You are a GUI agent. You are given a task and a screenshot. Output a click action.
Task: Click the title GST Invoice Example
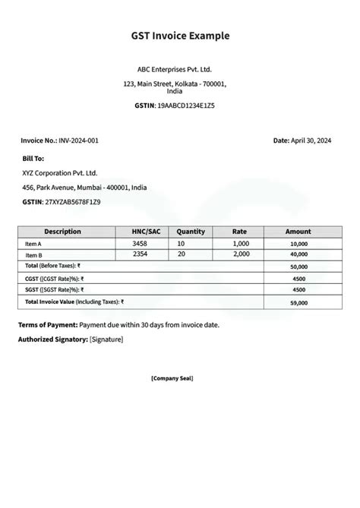click(x=180, y=36)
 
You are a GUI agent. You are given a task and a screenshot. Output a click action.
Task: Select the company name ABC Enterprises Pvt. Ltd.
click(x=180, y=68)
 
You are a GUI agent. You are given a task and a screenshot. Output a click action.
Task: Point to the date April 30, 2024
click(x=311, y=140)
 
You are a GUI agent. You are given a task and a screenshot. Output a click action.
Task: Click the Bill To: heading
click(x=33, y=159)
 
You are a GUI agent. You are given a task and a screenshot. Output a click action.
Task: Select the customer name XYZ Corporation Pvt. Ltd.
click(x=60, y=173)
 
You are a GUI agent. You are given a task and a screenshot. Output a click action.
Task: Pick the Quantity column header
click(x=191, y=232)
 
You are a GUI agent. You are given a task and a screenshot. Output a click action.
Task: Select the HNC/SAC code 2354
click(x=139, y=254)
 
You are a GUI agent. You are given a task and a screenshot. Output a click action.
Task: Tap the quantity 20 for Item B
click(x=182, y=254)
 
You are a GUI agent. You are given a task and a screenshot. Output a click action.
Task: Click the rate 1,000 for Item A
click(x=241, y=243)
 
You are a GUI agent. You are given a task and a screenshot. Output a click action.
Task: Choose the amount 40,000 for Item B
click(x=298, y=255)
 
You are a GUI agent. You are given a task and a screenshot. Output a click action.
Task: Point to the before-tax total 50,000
click(x=298, y=267)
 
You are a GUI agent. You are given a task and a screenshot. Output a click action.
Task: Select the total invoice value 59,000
click(x=298, y=302)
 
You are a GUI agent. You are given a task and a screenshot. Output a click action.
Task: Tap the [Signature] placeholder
click(x=106, y=339)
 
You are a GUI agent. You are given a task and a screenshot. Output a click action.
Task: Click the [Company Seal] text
click(x=172, y=377)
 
